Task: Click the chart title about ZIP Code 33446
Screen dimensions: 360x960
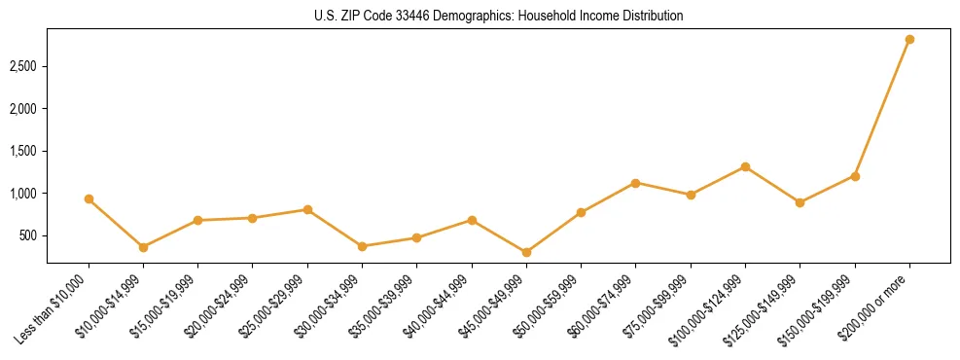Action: pos(499,16)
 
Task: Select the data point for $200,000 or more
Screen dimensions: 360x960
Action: pos(909,40)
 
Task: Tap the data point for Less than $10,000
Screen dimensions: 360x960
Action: pos(89,198)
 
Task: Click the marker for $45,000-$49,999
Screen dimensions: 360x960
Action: pos(526,252)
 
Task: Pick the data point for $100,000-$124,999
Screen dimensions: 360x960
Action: pos(745,166)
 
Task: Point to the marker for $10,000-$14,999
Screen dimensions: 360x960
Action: pos(143,247)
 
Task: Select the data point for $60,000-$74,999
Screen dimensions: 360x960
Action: pos(636,183)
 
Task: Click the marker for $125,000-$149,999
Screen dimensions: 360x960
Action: pos(800,202)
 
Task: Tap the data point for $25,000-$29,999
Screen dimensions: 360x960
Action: pos(307,209)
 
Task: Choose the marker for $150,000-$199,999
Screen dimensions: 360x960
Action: pos(855,176)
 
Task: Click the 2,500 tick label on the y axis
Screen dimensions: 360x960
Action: pos(24,66)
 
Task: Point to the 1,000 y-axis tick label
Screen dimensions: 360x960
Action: pos(24,194)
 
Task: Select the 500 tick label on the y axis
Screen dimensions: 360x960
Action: pos(30,235)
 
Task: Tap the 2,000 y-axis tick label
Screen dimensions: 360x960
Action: pos(24,109)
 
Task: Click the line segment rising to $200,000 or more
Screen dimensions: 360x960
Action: pos(882,108)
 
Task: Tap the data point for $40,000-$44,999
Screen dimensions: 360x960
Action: pos(472,220)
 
